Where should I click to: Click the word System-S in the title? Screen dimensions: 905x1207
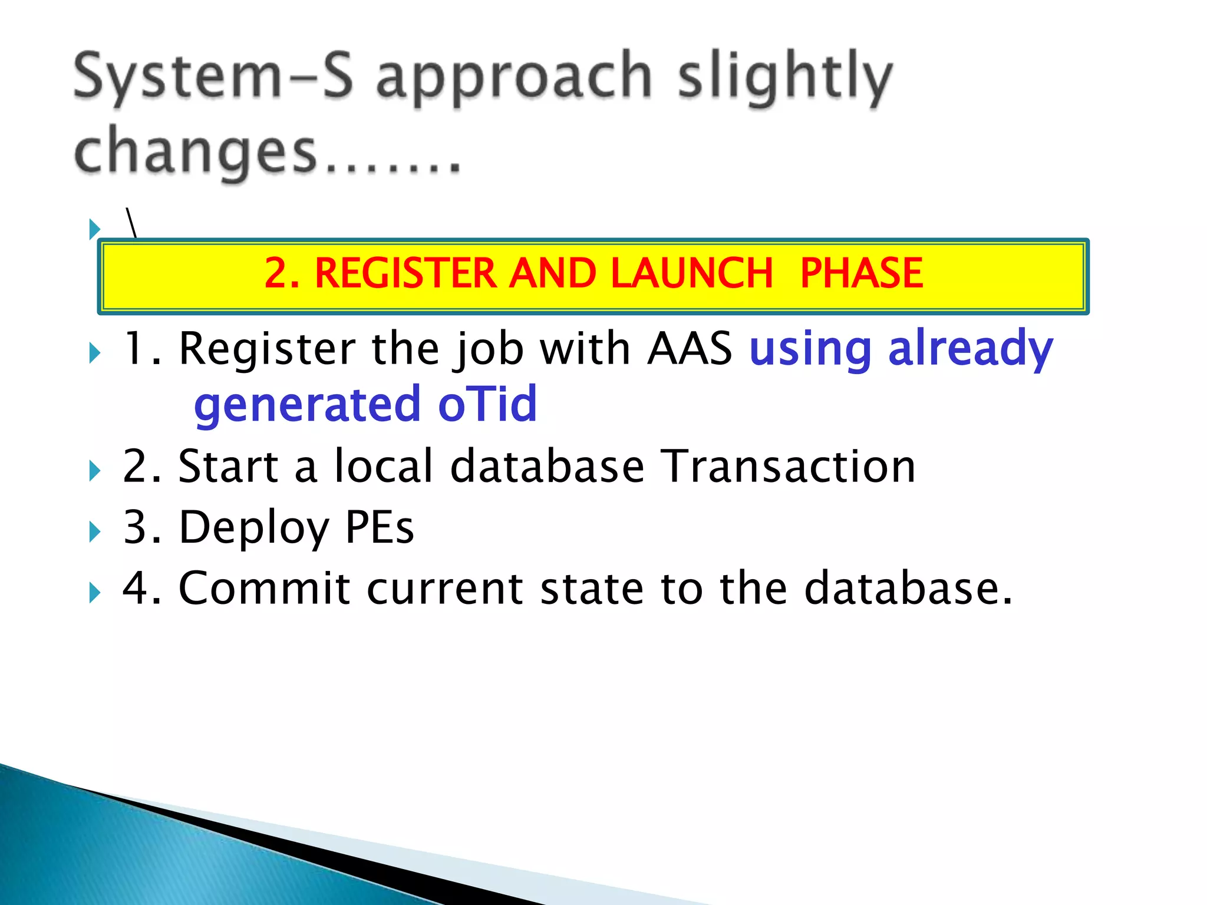point(213,77)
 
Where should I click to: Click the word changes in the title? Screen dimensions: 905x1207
point(196,152)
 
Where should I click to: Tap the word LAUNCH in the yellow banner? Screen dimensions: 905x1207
point(691,273)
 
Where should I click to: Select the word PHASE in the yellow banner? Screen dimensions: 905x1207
point(861,273)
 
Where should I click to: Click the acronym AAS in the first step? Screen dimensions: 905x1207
point(690,349)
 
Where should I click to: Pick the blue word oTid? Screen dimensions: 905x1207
point(487,404)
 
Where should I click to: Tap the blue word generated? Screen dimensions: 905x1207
point(307,404)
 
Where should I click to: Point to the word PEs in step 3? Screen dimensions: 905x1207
point(380,527)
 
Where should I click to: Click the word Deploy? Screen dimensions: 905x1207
point(254,527)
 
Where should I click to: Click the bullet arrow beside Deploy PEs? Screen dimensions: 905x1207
point(94,532)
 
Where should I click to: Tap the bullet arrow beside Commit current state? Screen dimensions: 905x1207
point(94,593)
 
